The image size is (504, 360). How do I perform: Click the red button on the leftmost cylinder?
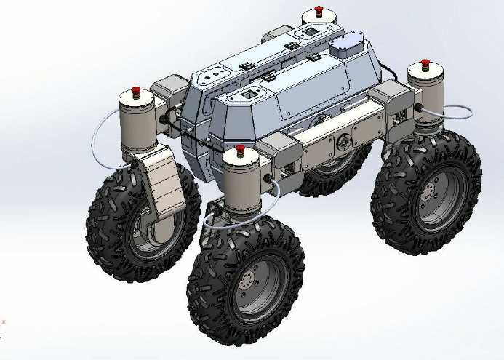[135, 92]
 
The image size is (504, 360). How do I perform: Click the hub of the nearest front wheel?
[249, 281]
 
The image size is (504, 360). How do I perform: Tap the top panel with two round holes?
[215, 75]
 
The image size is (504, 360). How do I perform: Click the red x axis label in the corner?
[4, 321]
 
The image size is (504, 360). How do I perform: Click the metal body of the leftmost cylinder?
[135, 121]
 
